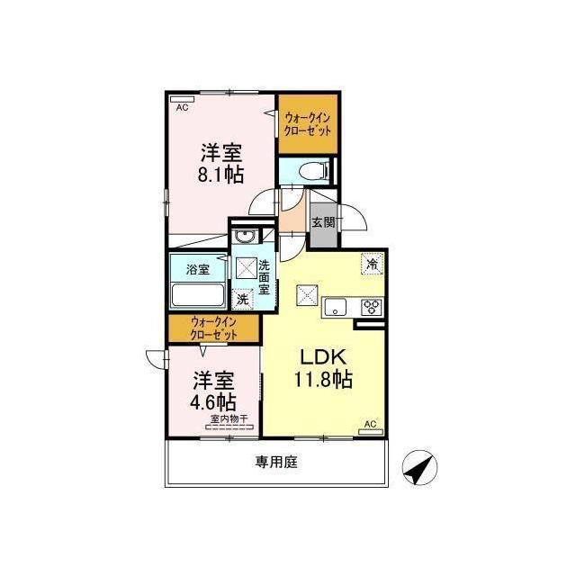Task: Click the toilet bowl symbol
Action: pyautogui.click(x=312, y=171)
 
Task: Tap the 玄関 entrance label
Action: pyautogui.click(x=324, y=222)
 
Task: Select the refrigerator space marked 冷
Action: pyautogui.click(x=373, y=264)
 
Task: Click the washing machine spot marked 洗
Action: pyautogui.click(x=242, y=300)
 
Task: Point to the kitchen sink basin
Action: pyautogui.click(x=335, y=307)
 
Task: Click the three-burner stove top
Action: pyautogui.click(x=372, y=307)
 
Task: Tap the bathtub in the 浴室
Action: pyautogui.click(x=198, y=294)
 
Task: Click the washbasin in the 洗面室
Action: pyautogui.click(x=244, y=237)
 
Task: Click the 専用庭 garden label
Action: pyautogui.click(x=276, y=462)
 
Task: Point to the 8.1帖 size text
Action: pyautogui.click(x=220, y=175)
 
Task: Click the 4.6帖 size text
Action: pyautogui.click(x=213, y=402)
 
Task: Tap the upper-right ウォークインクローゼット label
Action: pyautogui.click(x=308, y=124)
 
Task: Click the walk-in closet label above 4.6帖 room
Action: pyautogui.click(x=213, y=328)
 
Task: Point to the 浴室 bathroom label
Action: pyautogui.click(x=198, y=269)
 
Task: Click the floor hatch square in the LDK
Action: pyautogui.click(x=307, y=295)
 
